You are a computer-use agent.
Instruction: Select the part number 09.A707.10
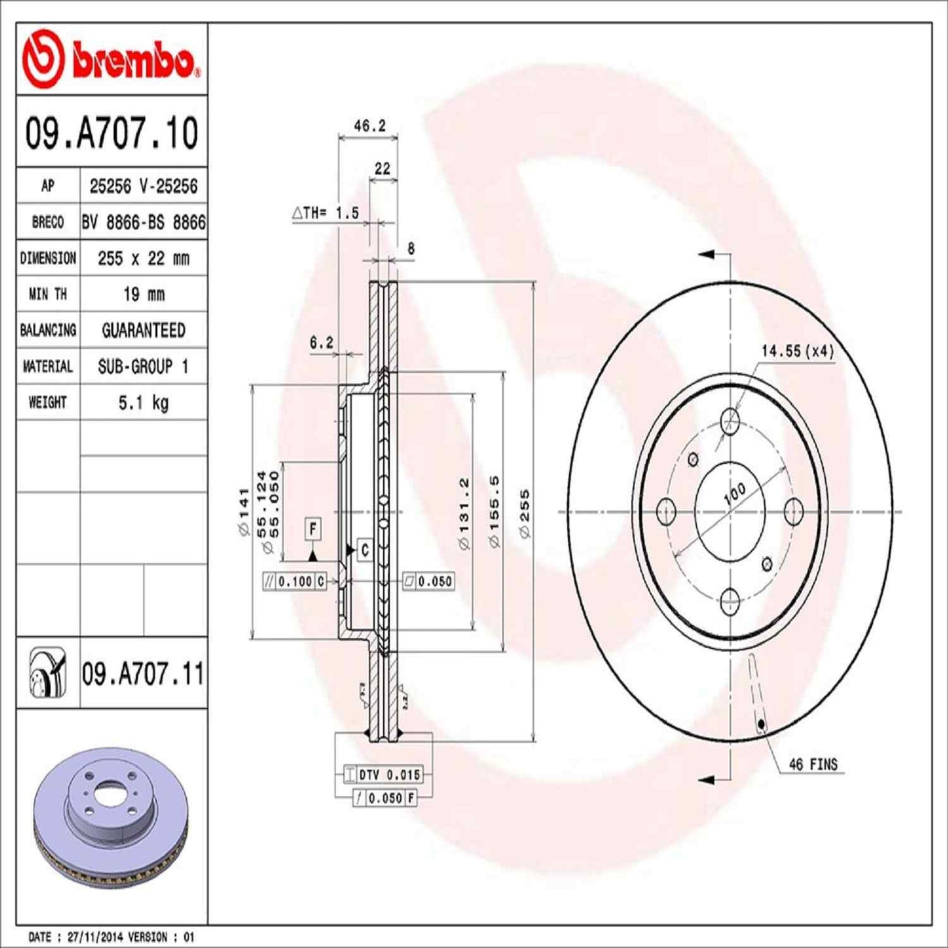pos(112,133)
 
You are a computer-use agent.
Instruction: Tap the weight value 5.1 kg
pos(143,402)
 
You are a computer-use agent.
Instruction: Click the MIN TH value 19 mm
pos(143,294)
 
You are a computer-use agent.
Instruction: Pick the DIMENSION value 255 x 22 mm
pos(143,258)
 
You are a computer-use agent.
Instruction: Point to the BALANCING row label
pos(48,330)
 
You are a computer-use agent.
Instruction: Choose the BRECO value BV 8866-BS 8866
pos(143,222)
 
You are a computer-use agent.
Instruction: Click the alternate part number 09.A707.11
pos(142,674)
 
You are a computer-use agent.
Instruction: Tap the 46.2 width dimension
pos(369,126)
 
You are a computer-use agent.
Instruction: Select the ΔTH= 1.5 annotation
pos(325,213)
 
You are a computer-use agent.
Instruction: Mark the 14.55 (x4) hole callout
pos(797,351)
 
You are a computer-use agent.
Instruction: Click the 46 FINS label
pos(813,764)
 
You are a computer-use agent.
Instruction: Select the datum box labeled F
pos(313,529)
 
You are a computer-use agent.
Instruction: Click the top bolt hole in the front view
pos(730,421)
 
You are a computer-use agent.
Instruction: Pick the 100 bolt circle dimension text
pos(734,493)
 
